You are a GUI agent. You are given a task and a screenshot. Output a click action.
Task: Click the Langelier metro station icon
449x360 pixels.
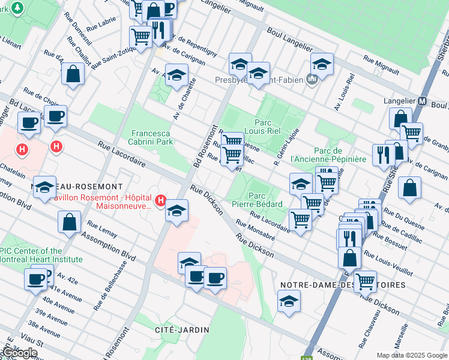(422, 101)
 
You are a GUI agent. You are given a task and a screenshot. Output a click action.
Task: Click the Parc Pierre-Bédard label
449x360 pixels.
(257, 199)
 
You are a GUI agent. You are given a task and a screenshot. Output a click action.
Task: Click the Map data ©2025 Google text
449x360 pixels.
(412, 355)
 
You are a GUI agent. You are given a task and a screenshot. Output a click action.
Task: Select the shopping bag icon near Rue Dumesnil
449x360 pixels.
(73, 74)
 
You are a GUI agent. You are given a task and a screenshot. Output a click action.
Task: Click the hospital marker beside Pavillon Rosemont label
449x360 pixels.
(161, 200)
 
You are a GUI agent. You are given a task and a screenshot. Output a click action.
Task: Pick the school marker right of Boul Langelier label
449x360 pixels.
(322, 65)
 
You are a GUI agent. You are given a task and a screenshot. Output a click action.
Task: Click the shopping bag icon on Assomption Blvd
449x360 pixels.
(70, 222)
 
